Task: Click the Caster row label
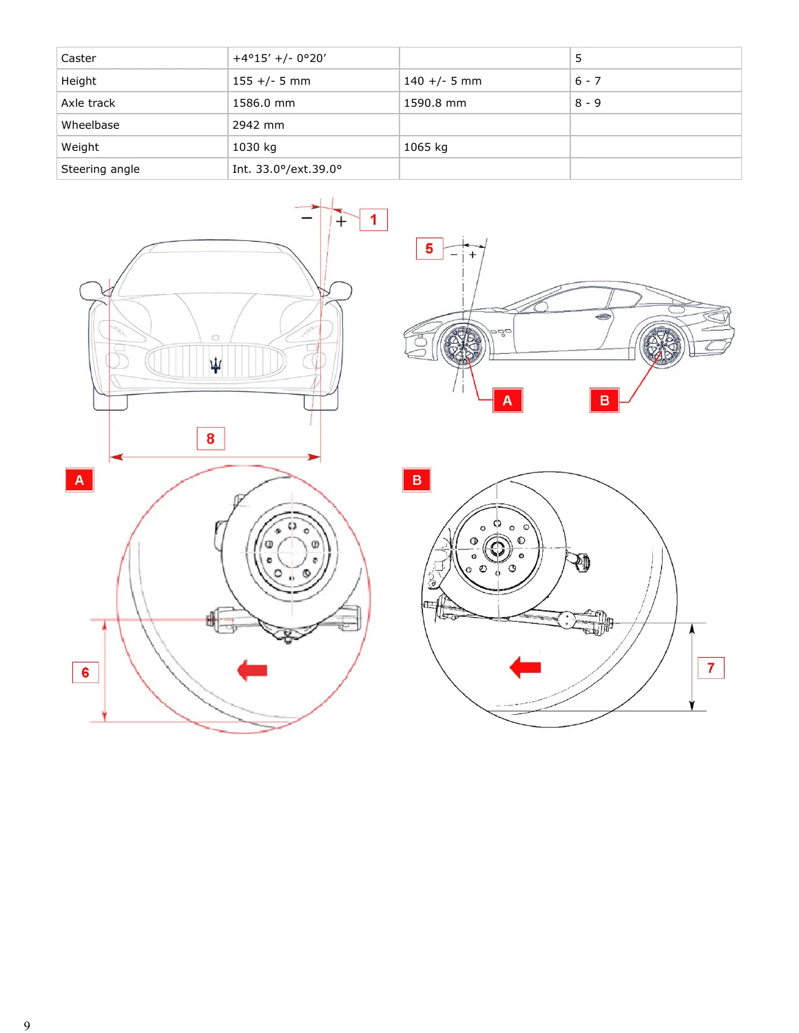coord(79,58)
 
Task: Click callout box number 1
coord(373,220)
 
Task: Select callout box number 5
coord(429,248)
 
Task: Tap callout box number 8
coord(211,438)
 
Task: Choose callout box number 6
coord(85,671)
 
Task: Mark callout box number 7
coord(711,667)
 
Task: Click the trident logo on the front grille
coord(216,364)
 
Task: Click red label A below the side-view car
coord(507,400)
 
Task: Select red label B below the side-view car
coord(604,400)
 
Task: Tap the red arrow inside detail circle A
coord(252,670)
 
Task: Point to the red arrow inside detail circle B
coord(525,667)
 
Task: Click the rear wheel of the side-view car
coord(662,344)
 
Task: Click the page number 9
coord(27,1025)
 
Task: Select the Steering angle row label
coord(101,169)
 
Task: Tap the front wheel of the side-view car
coord(462,346)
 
